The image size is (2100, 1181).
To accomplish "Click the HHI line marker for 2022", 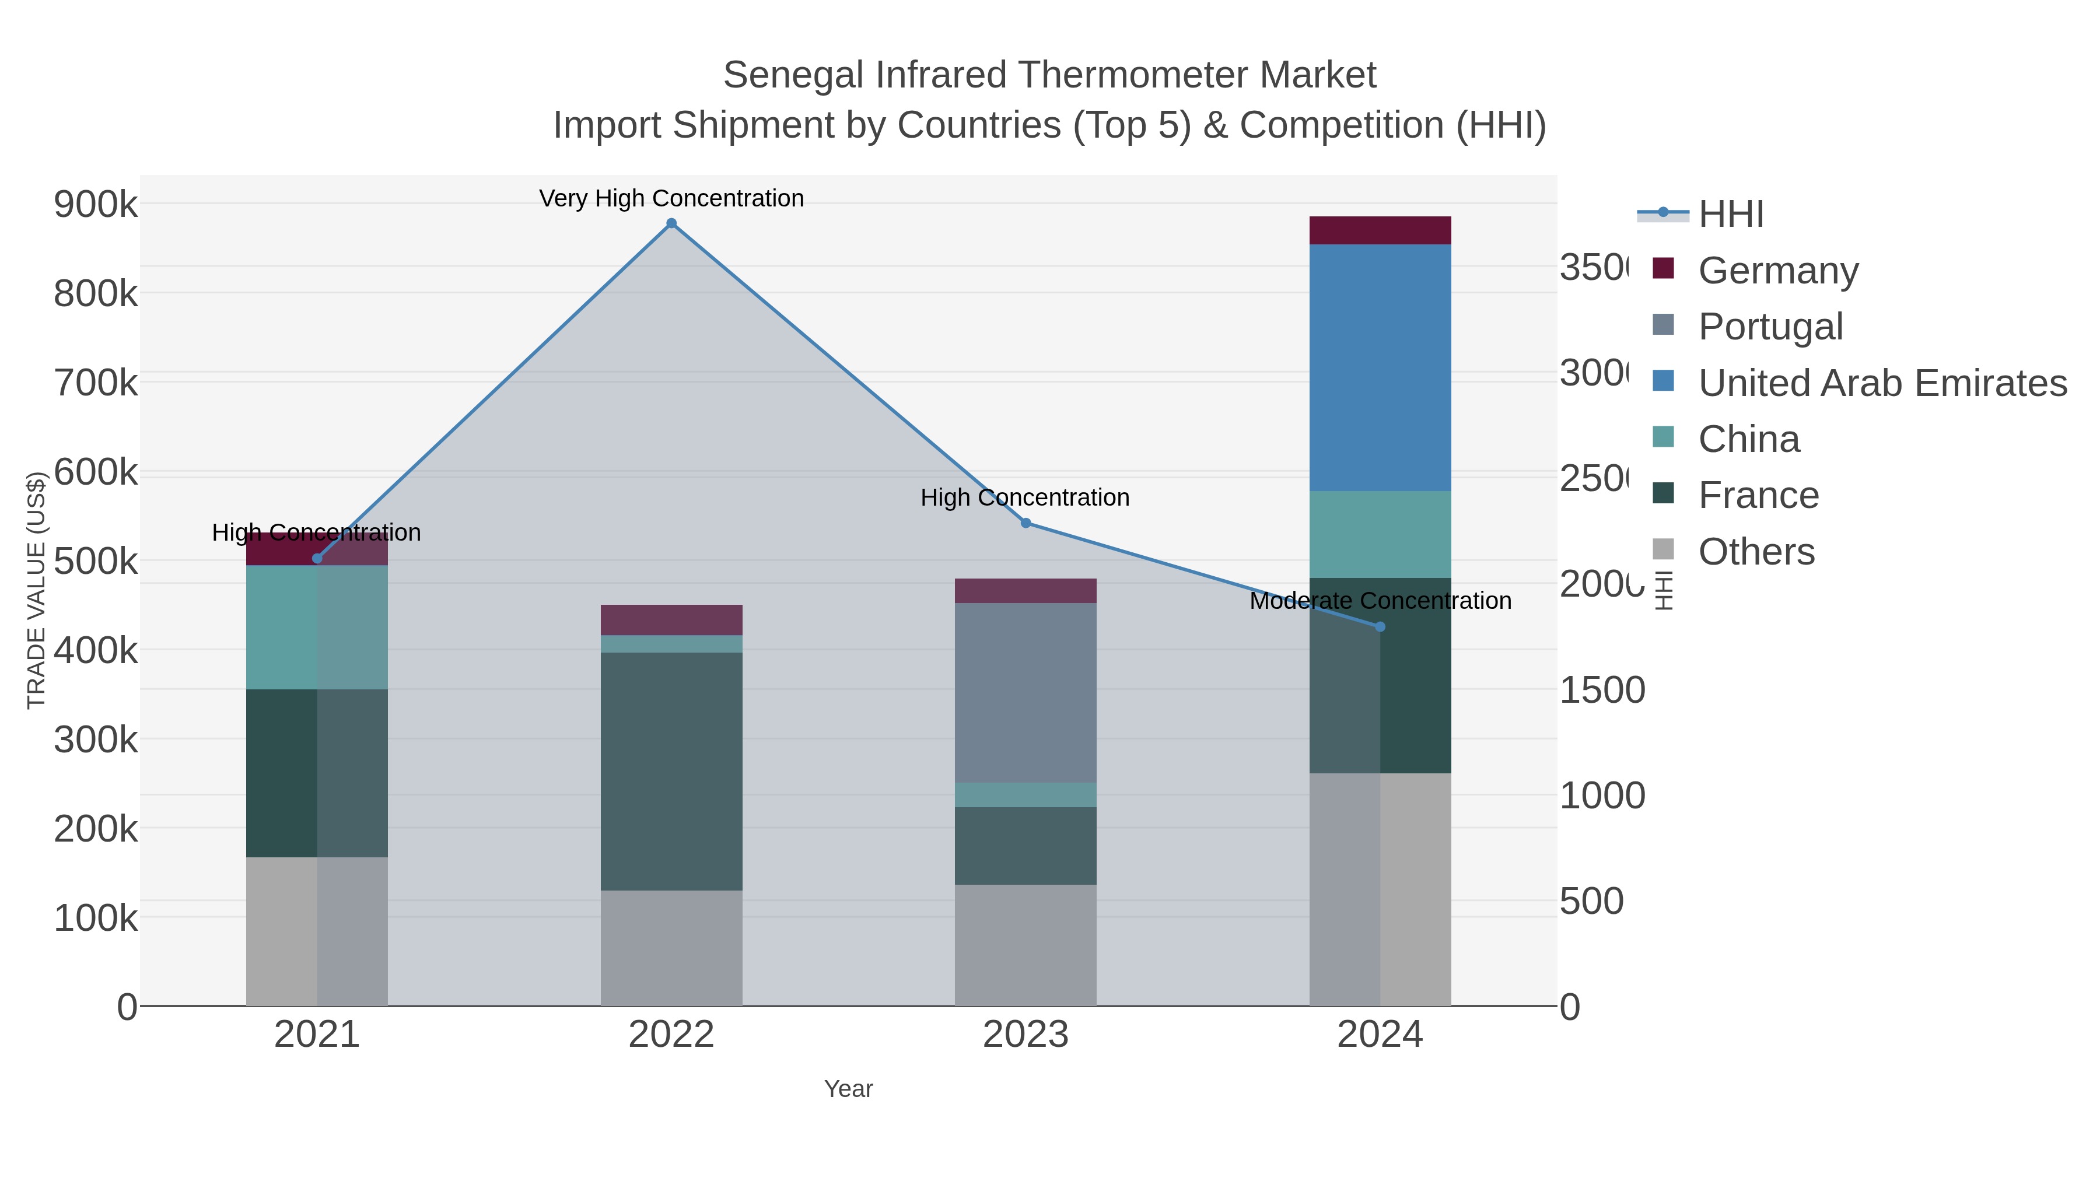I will click(671, 223).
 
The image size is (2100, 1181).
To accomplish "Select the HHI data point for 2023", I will click(1025, 523).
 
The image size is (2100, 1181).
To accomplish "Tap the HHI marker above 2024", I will click(1380, 627).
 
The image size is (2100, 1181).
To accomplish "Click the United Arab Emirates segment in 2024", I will click(1380, 367).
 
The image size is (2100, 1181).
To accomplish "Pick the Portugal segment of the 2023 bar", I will click(1025, 693).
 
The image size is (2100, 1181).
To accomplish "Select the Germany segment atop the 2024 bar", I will click(1380, 230).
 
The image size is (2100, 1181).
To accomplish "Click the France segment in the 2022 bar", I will click(671, 770).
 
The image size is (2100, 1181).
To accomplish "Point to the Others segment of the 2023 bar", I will click(1025, 945).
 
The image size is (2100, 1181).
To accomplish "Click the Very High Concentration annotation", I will click(671, 199).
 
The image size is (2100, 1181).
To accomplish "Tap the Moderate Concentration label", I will click(1380, 601).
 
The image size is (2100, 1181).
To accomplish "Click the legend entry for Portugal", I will click(1770, 327).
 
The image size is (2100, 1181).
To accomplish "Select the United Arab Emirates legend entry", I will click(1881, 383).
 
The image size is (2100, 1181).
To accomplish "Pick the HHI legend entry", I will click(1731, 215).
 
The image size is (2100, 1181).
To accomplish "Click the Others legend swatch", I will click(1663, 549).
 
